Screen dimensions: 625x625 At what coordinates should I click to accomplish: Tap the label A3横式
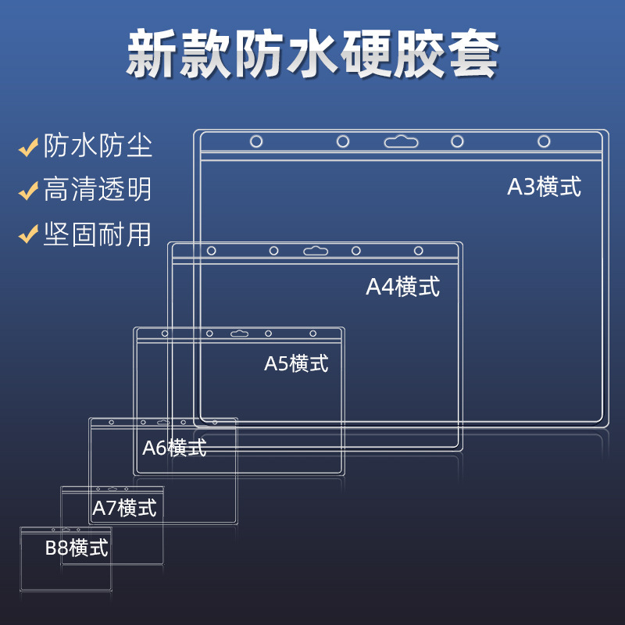click(x=545, y=187)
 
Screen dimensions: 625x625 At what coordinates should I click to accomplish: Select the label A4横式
click(x=402, y=287)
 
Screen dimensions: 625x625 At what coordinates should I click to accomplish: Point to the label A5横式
click(x=296, y=363)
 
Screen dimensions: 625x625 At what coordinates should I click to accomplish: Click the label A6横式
click(x=174, y=448)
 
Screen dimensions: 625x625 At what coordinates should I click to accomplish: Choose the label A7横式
click(x=124, y=508)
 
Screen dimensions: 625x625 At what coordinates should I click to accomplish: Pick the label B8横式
click(x=77, y=548)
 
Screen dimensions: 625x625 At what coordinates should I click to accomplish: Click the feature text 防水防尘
click(x=98, y=146)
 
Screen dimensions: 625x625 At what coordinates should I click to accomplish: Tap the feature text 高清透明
click(x=98, y=190)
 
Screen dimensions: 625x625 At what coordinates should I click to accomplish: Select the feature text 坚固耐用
click(x=98, y=234)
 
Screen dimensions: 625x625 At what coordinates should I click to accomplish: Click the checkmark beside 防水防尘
click(x=29, y=146)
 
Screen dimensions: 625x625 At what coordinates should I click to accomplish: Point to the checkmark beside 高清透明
click(x=29, y=190)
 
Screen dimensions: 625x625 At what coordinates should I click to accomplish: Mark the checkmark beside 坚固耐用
click(x=29, y=234)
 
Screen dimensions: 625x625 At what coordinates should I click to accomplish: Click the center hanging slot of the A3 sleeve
click(x=401, y=141)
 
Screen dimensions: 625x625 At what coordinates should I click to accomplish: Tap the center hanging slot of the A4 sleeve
click(x=315, y=251)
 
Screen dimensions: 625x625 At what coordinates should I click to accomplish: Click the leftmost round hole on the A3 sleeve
click(x=256, y=141)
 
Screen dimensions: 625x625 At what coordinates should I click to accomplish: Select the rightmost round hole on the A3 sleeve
click(x=544, y=141)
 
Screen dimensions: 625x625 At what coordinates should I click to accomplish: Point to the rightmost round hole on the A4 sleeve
click(x=419, y=251)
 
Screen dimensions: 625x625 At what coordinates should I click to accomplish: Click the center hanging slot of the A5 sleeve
click(x=239, y=334)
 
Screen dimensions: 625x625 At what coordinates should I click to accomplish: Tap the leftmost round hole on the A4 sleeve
click(x=211, y=251)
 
